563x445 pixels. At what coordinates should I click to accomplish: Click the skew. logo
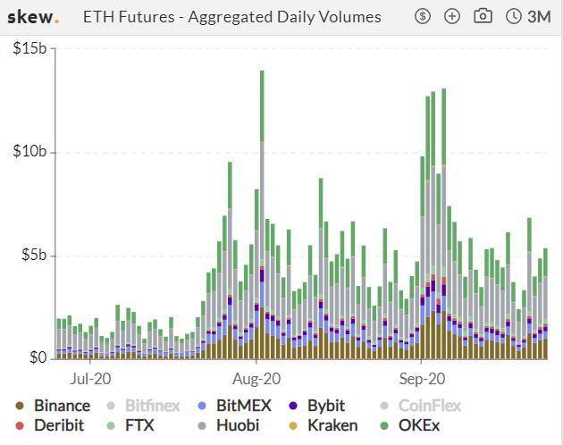click(33, 17)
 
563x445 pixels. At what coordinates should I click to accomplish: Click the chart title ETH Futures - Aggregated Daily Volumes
click(231, 17)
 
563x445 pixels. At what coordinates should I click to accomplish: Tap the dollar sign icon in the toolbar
click(423, 16)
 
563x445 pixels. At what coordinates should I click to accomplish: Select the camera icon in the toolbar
click(483, 16)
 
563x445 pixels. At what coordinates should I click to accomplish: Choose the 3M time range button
click(529, 16)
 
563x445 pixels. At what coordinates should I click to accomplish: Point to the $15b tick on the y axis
click(30, 48)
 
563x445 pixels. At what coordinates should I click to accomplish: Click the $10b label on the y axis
click(30, 152)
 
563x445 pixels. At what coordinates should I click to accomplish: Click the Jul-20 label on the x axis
click(91, 377)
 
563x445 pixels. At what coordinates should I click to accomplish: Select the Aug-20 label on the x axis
click(257, 377)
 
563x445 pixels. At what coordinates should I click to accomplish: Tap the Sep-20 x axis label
click(423, 377)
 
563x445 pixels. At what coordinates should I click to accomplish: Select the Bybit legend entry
click(325, 406)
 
